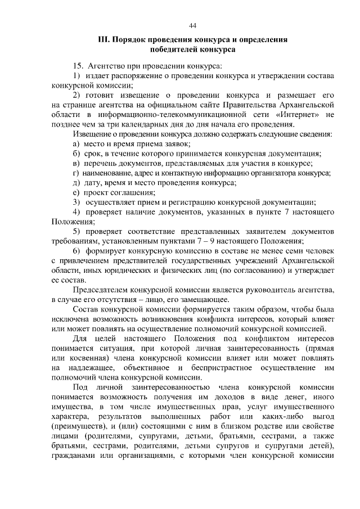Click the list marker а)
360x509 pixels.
click(x=77, y=144)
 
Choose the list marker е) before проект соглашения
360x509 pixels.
click(x=77, y=192)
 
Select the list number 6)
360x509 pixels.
click(x=78, y=251)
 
